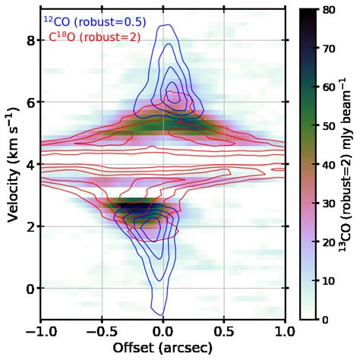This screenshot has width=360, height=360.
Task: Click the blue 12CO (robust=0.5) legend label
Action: click(x=94, y=22)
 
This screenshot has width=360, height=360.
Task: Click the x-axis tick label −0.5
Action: click(x=99, y=333)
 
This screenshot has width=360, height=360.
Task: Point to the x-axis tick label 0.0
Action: click(x=163, y=333)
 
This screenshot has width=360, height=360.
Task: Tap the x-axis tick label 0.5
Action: click(x=224, y=333)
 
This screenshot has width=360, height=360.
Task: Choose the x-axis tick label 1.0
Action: click(x=286, y=333)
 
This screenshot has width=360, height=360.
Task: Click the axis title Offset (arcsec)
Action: click(x=163, y=349)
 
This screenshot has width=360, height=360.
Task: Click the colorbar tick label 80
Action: click(x=330, y=11)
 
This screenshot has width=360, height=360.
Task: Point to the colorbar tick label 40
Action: click(x=330, y=165)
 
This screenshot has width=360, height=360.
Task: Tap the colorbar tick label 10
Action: click(x=330, y=281)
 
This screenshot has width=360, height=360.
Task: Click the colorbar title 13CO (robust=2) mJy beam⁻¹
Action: click(x=347, y=165)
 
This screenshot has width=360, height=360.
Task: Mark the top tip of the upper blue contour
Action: click(x=162, y=25)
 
